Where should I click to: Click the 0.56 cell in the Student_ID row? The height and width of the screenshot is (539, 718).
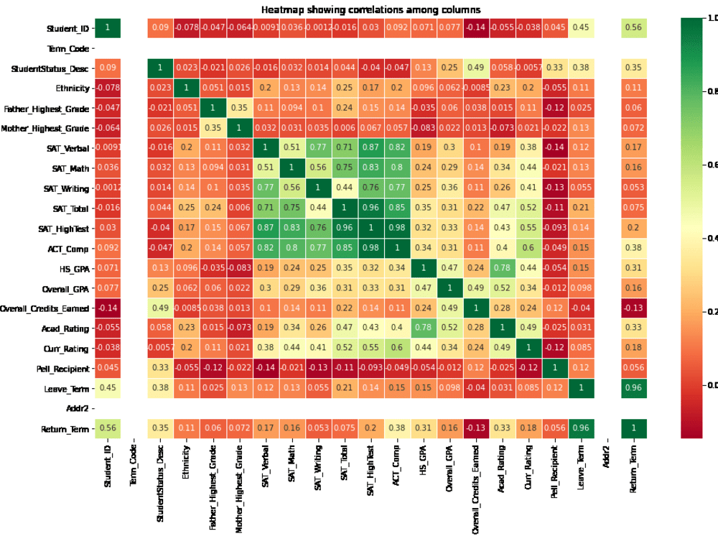(633, 28)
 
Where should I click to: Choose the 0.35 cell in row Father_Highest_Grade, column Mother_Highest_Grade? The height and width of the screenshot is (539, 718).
(239, 109)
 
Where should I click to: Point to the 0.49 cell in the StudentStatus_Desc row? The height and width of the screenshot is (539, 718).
(475, 68)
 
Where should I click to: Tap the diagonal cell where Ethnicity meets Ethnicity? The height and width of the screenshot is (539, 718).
(187, 88)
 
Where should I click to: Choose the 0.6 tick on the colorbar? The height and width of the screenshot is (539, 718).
(710, 165)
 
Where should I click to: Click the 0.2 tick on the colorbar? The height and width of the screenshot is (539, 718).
(710, 311)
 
